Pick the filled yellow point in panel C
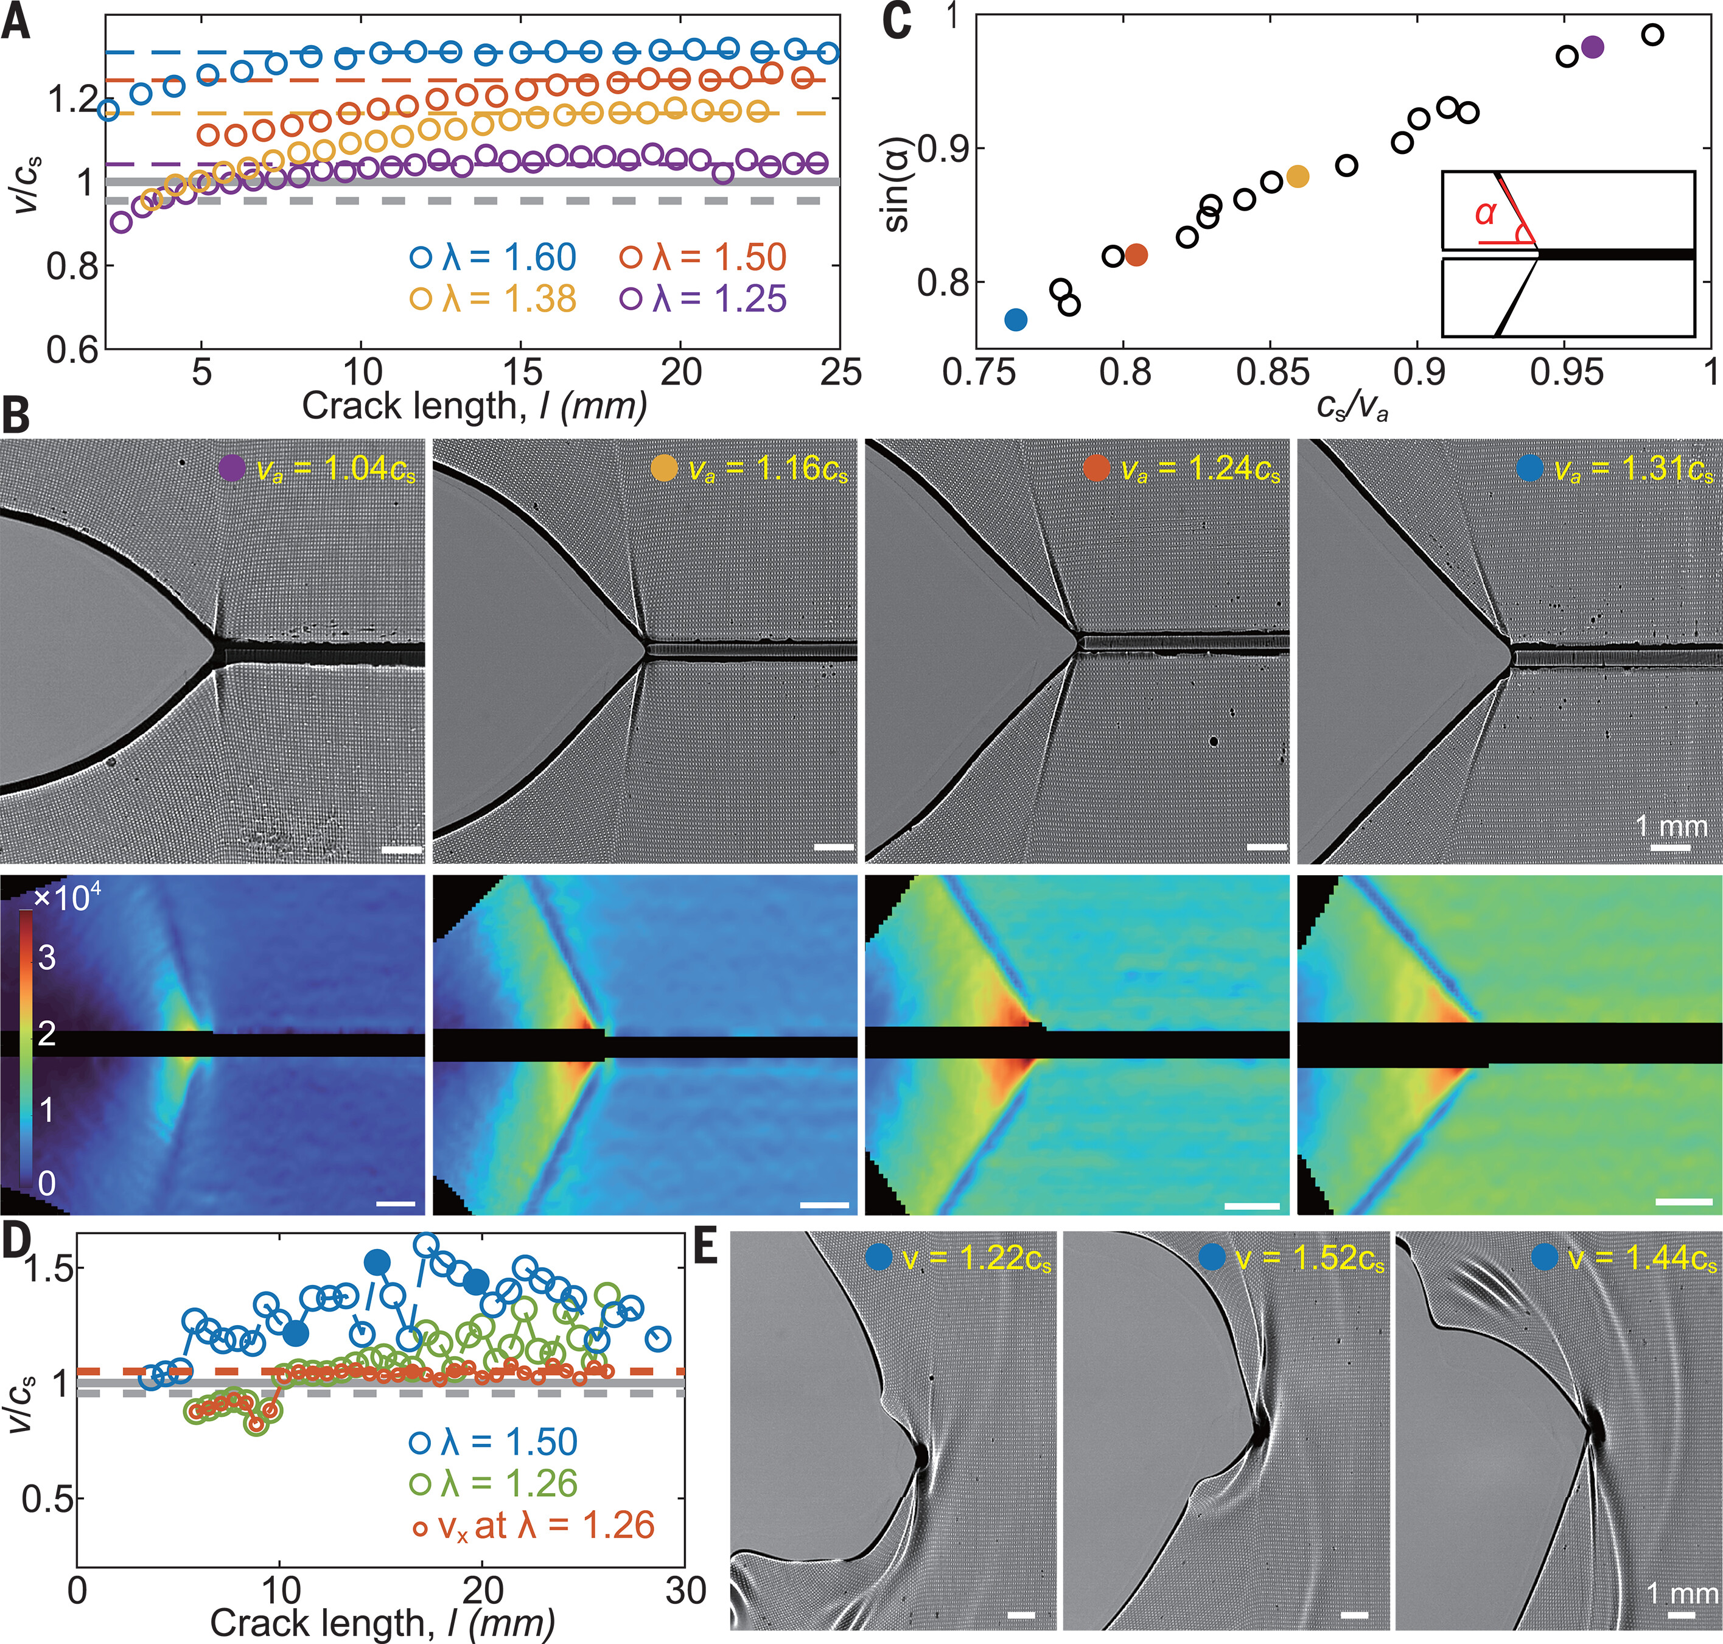click(1298, 176)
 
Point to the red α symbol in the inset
click(1484, 212)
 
